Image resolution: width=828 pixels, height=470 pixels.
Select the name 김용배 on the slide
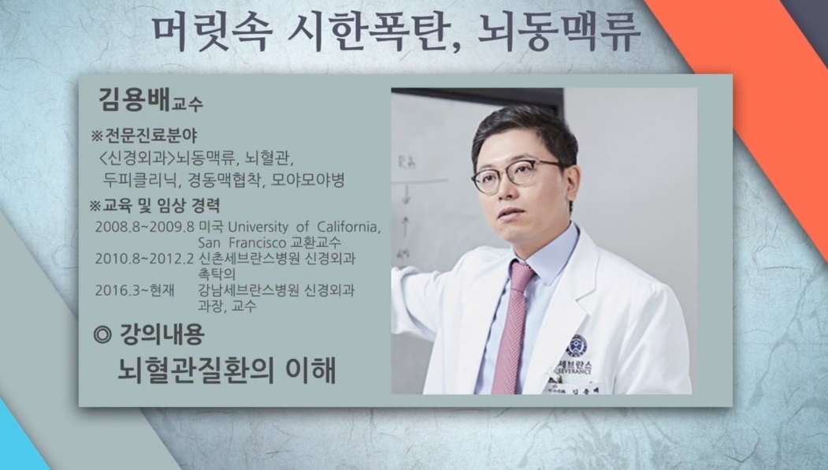pos(128,100)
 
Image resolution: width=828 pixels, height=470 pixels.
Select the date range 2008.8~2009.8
pos(144,227)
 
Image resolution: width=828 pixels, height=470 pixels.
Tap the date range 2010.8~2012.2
pos(144,258)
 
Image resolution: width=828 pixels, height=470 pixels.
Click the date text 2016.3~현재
pos(133,290)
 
